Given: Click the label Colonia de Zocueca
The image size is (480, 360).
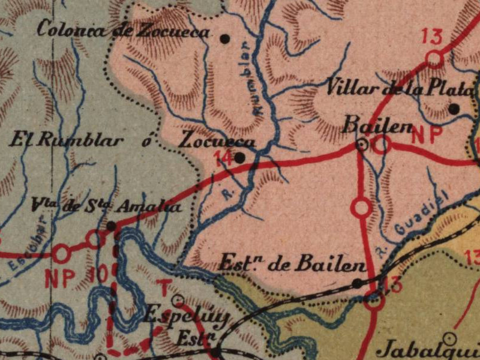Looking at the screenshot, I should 123,30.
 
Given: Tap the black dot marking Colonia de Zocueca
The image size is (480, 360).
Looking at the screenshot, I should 225,38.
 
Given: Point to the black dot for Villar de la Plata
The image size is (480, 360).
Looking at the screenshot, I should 454,109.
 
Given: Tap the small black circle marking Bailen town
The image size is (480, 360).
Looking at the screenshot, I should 362,144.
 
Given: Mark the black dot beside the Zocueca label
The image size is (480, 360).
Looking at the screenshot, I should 239,158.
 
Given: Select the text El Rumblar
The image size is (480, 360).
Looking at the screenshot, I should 67,142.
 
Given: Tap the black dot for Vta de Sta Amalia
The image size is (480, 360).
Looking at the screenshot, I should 111,226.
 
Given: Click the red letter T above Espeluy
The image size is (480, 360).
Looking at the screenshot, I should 163,285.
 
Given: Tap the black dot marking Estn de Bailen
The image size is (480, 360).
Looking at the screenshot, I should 357,283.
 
